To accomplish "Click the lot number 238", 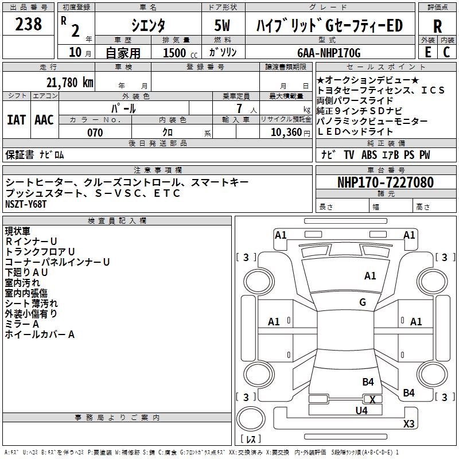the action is point(29,24).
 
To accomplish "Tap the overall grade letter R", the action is point(437,26).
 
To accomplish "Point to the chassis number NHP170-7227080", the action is point(385,182).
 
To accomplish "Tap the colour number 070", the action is point(95,133).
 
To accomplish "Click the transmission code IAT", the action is point(16,120).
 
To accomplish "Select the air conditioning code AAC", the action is point(44,120).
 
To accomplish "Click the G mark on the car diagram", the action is point(363,302).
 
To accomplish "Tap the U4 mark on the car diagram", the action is point(361,410).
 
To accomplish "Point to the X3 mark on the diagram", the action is point(409,424).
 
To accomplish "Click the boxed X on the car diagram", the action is point(373,399).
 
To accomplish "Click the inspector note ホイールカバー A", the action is point(40,334).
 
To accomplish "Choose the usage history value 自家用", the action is point(123,53).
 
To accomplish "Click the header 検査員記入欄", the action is point(117,220).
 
